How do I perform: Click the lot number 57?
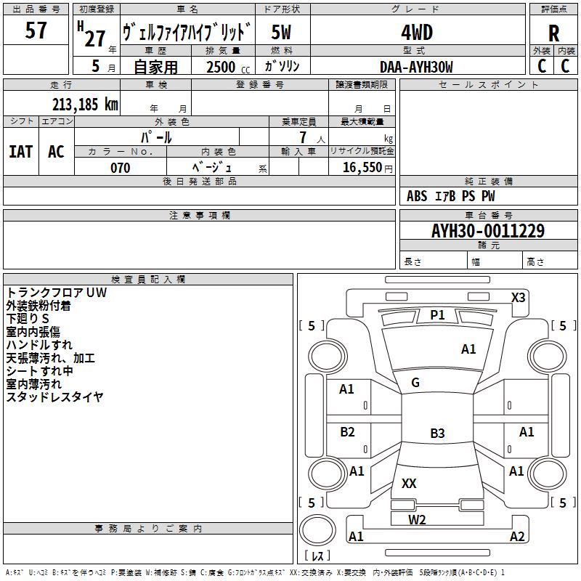click(x=36, y=31)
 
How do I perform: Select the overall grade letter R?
click(x=553, y=33)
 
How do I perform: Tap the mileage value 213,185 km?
click(x=85, y=105)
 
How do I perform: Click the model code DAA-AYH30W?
click(x=416, y=67)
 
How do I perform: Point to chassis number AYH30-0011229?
click(x=488, y=231)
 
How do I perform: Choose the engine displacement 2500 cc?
click(x=228, y=67)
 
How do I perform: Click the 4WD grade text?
click(x=417, y=33)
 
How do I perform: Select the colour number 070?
click(x=121, y=168)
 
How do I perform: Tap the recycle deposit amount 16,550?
click(x=362, y=167)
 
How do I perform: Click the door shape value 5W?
click(x=281, y=32)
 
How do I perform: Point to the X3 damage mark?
click(x=518, y=298)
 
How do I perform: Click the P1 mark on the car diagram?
click(x=437, y=315)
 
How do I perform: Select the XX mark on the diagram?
click(x=409, y=483)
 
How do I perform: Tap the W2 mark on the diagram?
click(x=417, y=520)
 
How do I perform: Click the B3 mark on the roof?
click(x=437, y=433)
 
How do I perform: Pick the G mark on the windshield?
click(x=415, y=383)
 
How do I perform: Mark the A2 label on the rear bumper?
click(x=517, y=536)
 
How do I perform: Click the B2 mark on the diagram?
click(x=347, y=431)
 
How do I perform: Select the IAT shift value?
click(x=21, y=152)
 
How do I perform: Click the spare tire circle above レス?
click(x=317, y=529)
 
